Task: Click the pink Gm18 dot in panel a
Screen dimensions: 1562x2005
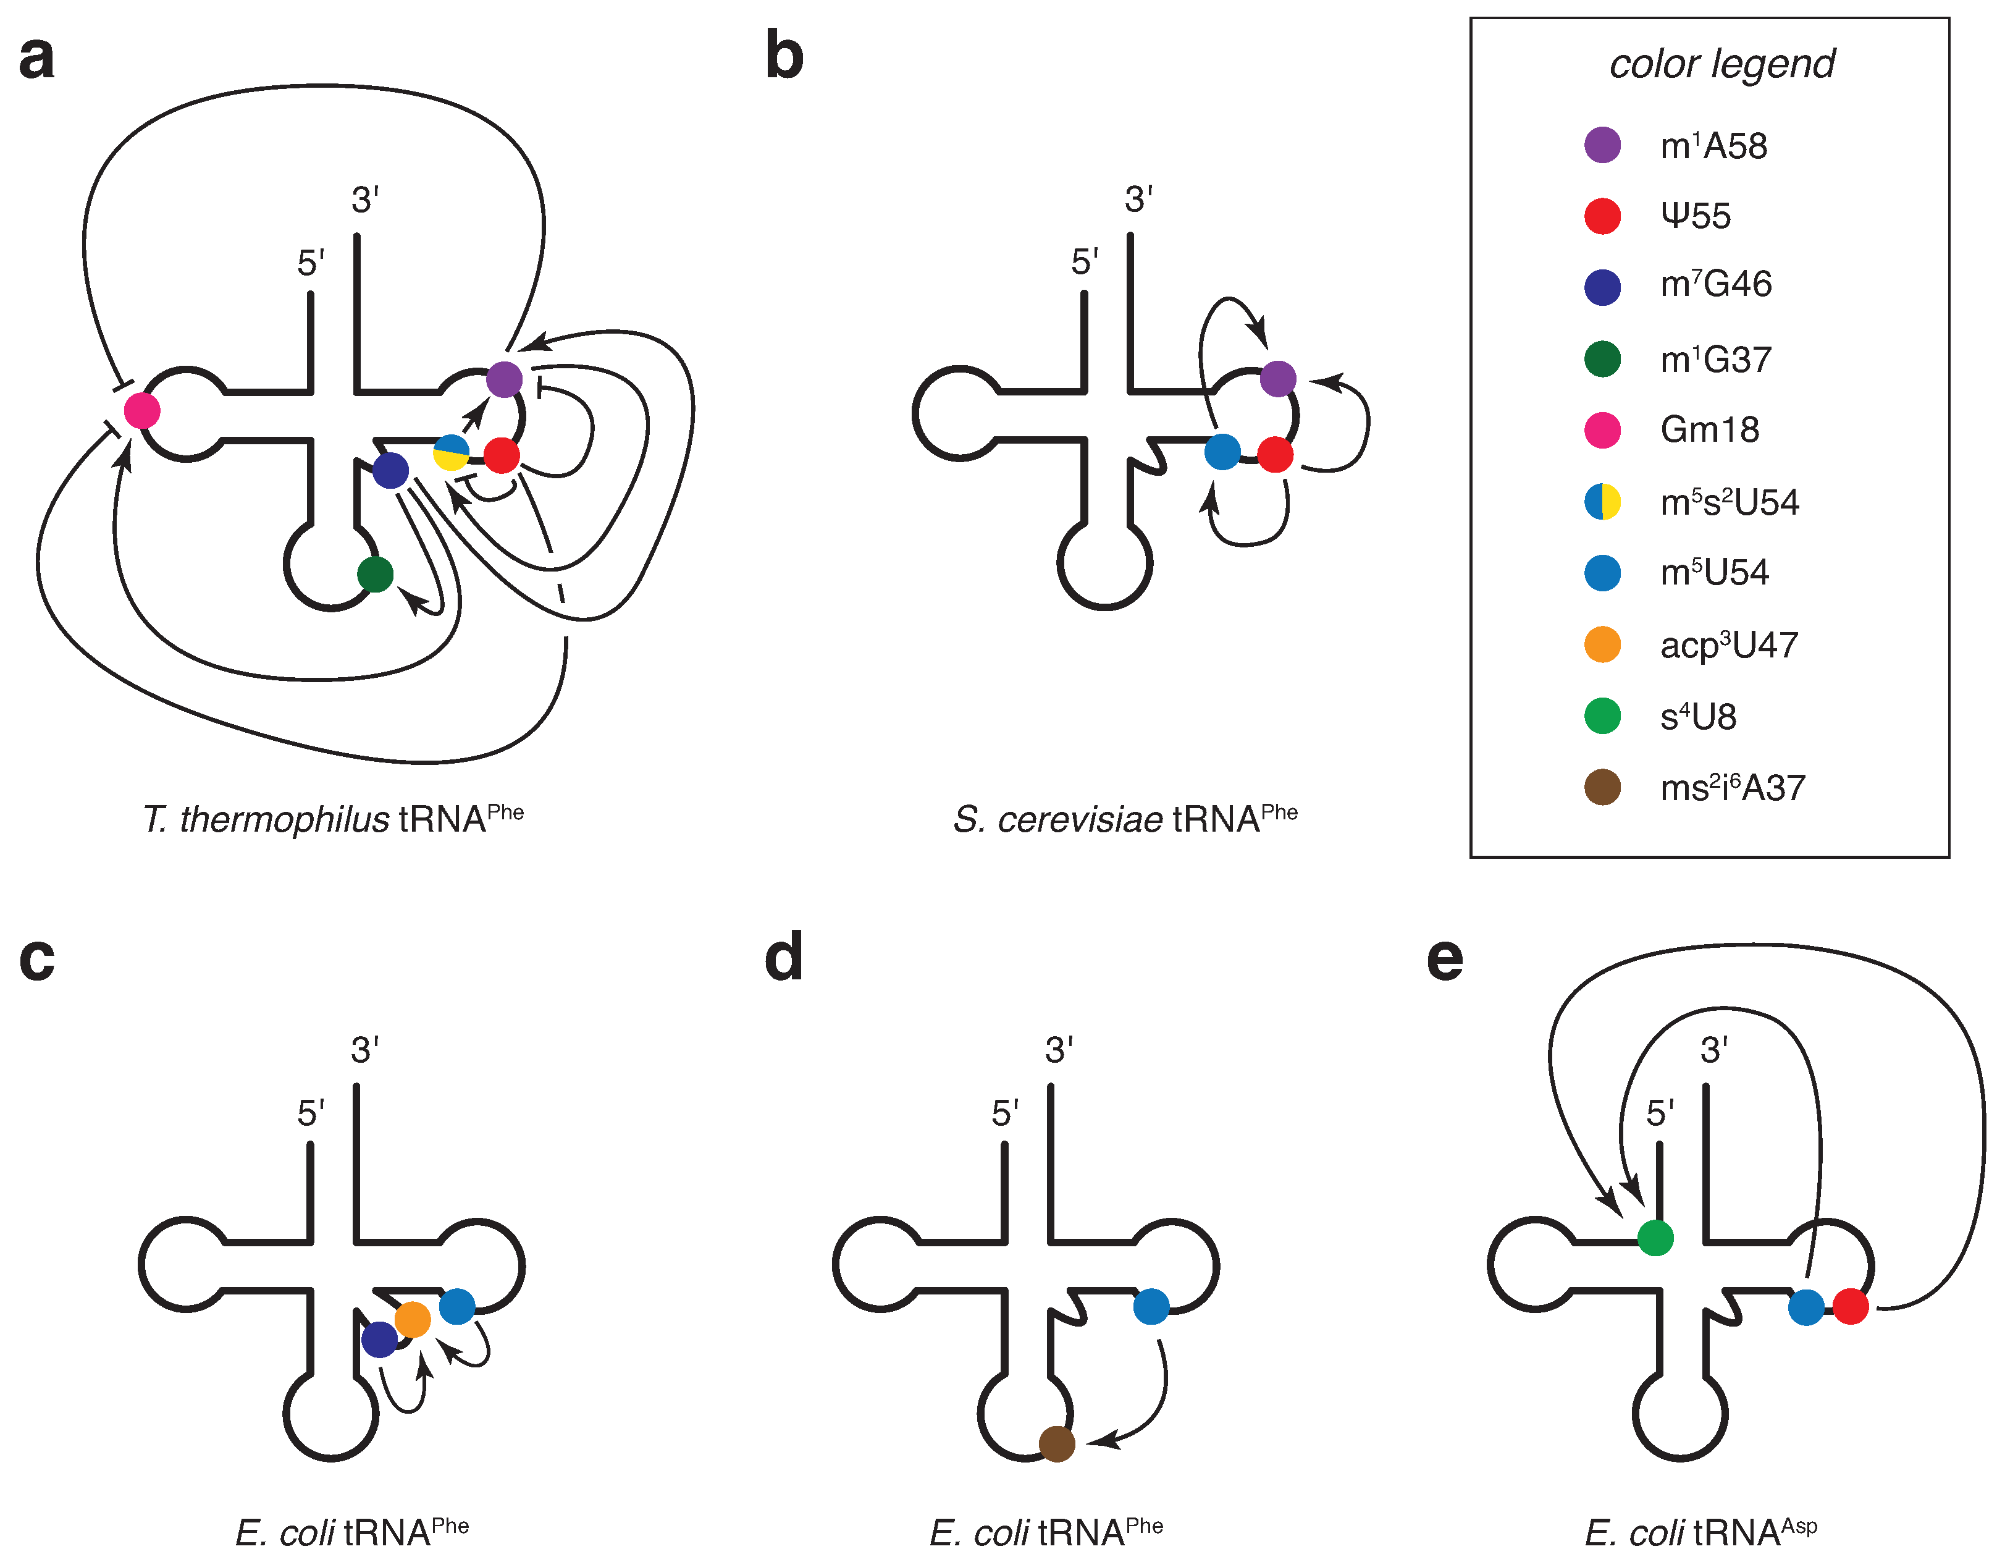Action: [141, 410]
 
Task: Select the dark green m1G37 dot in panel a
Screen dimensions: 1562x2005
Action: [374, 574]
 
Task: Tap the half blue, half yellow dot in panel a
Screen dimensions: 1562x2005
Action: [451, 453]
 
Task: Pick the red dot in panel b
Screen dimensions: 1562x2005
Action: [1274, 455]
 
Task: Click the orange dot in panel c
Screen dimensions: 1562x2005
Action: [412, 1320]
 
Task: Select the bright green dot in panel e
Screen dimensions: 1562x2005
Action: [1655, 1237]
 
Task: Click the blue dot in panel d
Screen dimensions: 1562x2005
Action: [1151, 1306]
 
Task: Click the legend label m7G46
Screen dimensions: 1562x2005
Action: [1715, 285]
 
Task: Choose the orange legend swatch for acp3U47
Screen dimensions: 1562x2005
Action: [1602, 644]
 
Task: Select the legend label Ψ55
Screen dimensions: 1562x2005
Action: [1695, 216]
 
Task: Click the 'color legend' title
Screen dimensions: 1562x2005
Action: [1721, 64]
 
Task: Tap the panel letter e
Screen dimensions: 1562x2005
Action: [1444, 959]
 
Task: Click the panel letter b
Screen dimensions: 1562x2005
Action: [783, 57]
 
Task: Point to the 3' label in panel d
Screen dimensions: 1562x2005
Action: [1059, 1050]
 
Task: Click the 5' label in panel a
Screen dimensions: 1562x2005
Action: [310, 264]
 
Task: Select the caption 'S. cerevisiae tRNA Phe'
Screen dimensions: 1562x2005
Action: [1125, 818]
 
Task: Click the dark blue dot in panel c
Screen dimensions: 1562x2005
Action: [379, 1339]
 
